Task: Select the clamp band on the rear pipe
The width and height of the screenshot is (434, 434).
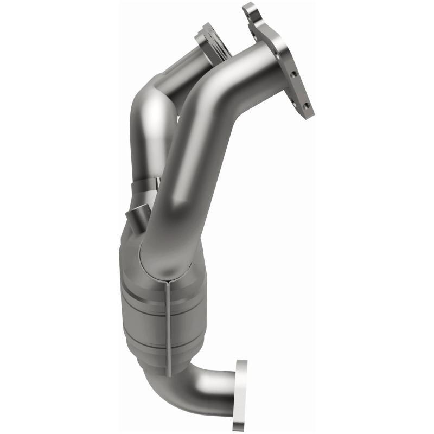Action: coord(147,188)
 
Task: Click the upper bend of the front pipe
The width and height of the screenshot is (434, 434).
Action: coord(217,81)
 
